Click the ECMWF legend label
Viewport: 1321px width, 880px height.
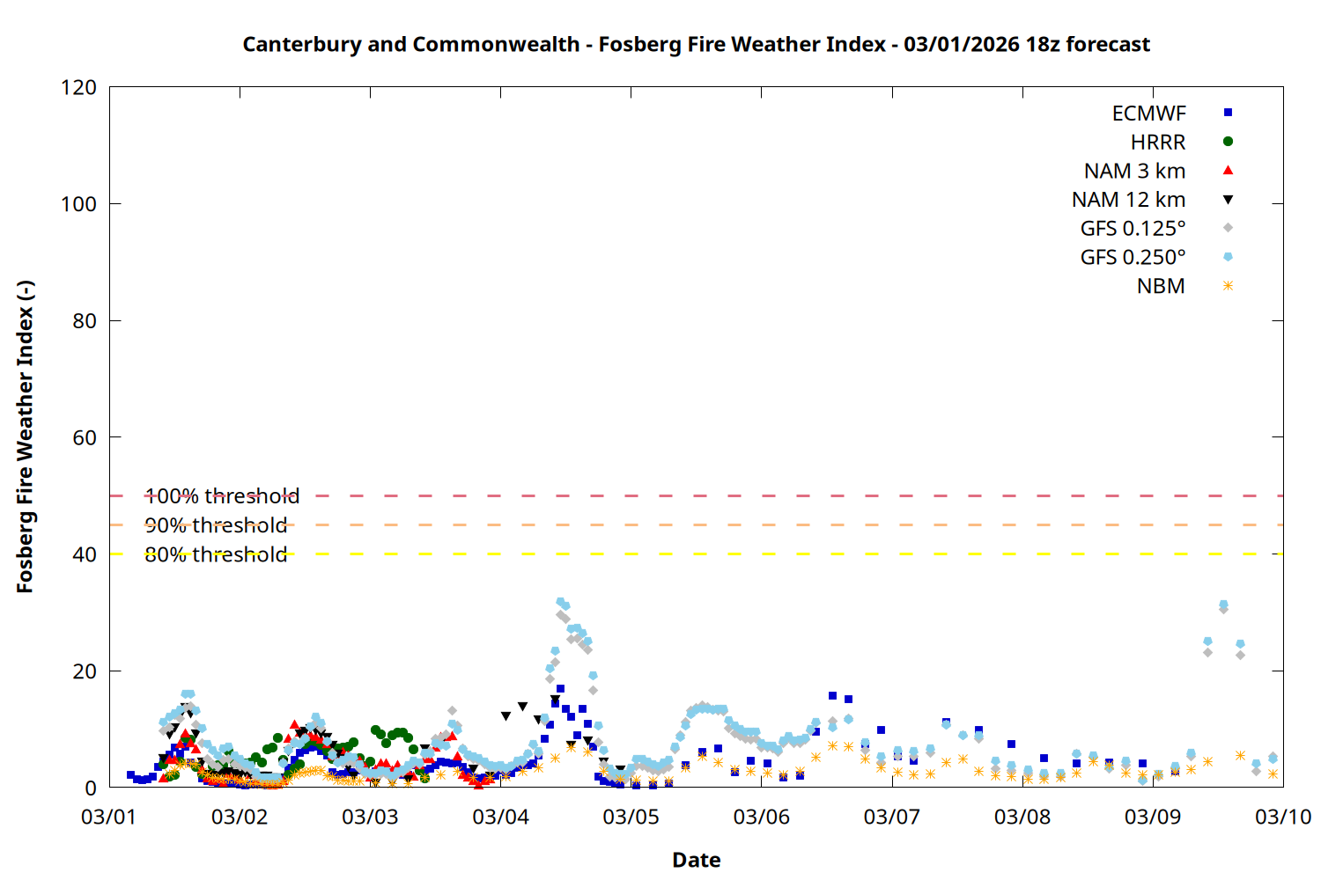pyautogui.click(x=1148, y=114)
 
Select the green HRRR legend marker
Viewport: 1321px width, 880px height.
pyautogui.click(x=1228, y=142)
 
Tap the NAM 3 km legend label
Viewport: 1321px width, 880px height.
pyautogui.click(x=1134, y=171)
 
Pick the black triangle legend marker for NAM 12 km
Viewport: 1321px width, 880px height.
pyautogui.click(x=1228, y=200)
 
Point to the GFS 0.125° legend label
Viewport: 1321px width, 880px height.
pyautogui.click(x=1133, y=229)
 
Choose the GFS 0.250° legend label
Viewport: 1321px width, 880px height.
pyautogui.click(x=1133, y=258)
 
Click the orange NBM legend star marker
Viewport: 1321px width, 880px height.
pyautogui.click(x=1228, y=286)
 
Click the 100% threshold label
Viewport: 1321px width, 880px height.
pyautogui.click(x=222, y=496)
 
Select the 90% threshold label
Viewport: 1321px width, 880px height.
pyautogui.click(x=216, y=525)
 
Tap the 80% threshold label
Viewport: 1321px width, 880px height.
pyautogui.click(x=216, y=554)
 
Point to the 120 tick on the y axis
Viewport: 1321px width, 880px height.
pyautogui.click(x=79, y=87)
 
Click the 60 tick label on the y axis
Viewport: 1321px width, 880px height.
pyautogui.click(x=85, y=437)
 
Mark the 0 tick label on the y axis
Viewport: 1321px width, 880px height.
pyautogui.click(x=91, y=788)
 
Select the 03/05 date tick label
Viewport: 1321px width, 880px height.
pyautogui.click(x=631, y=817)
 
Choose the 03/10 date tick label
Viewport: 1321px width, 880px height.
pyautogui.click(x=1283, y=817)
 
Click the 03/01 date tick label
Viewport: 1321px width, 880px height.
pyautogui.click(x=109, y=817)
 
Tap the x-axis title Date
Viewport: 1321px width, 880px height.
pyautogui.click(x=696, y=860)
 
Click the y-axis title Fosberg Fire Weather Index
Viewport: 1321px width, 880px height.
pyautogui.click(x=25, y=437)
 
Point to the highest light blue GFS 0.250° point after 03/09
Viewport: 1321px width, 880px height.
pyautogui.click(x=1223, y=605)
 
